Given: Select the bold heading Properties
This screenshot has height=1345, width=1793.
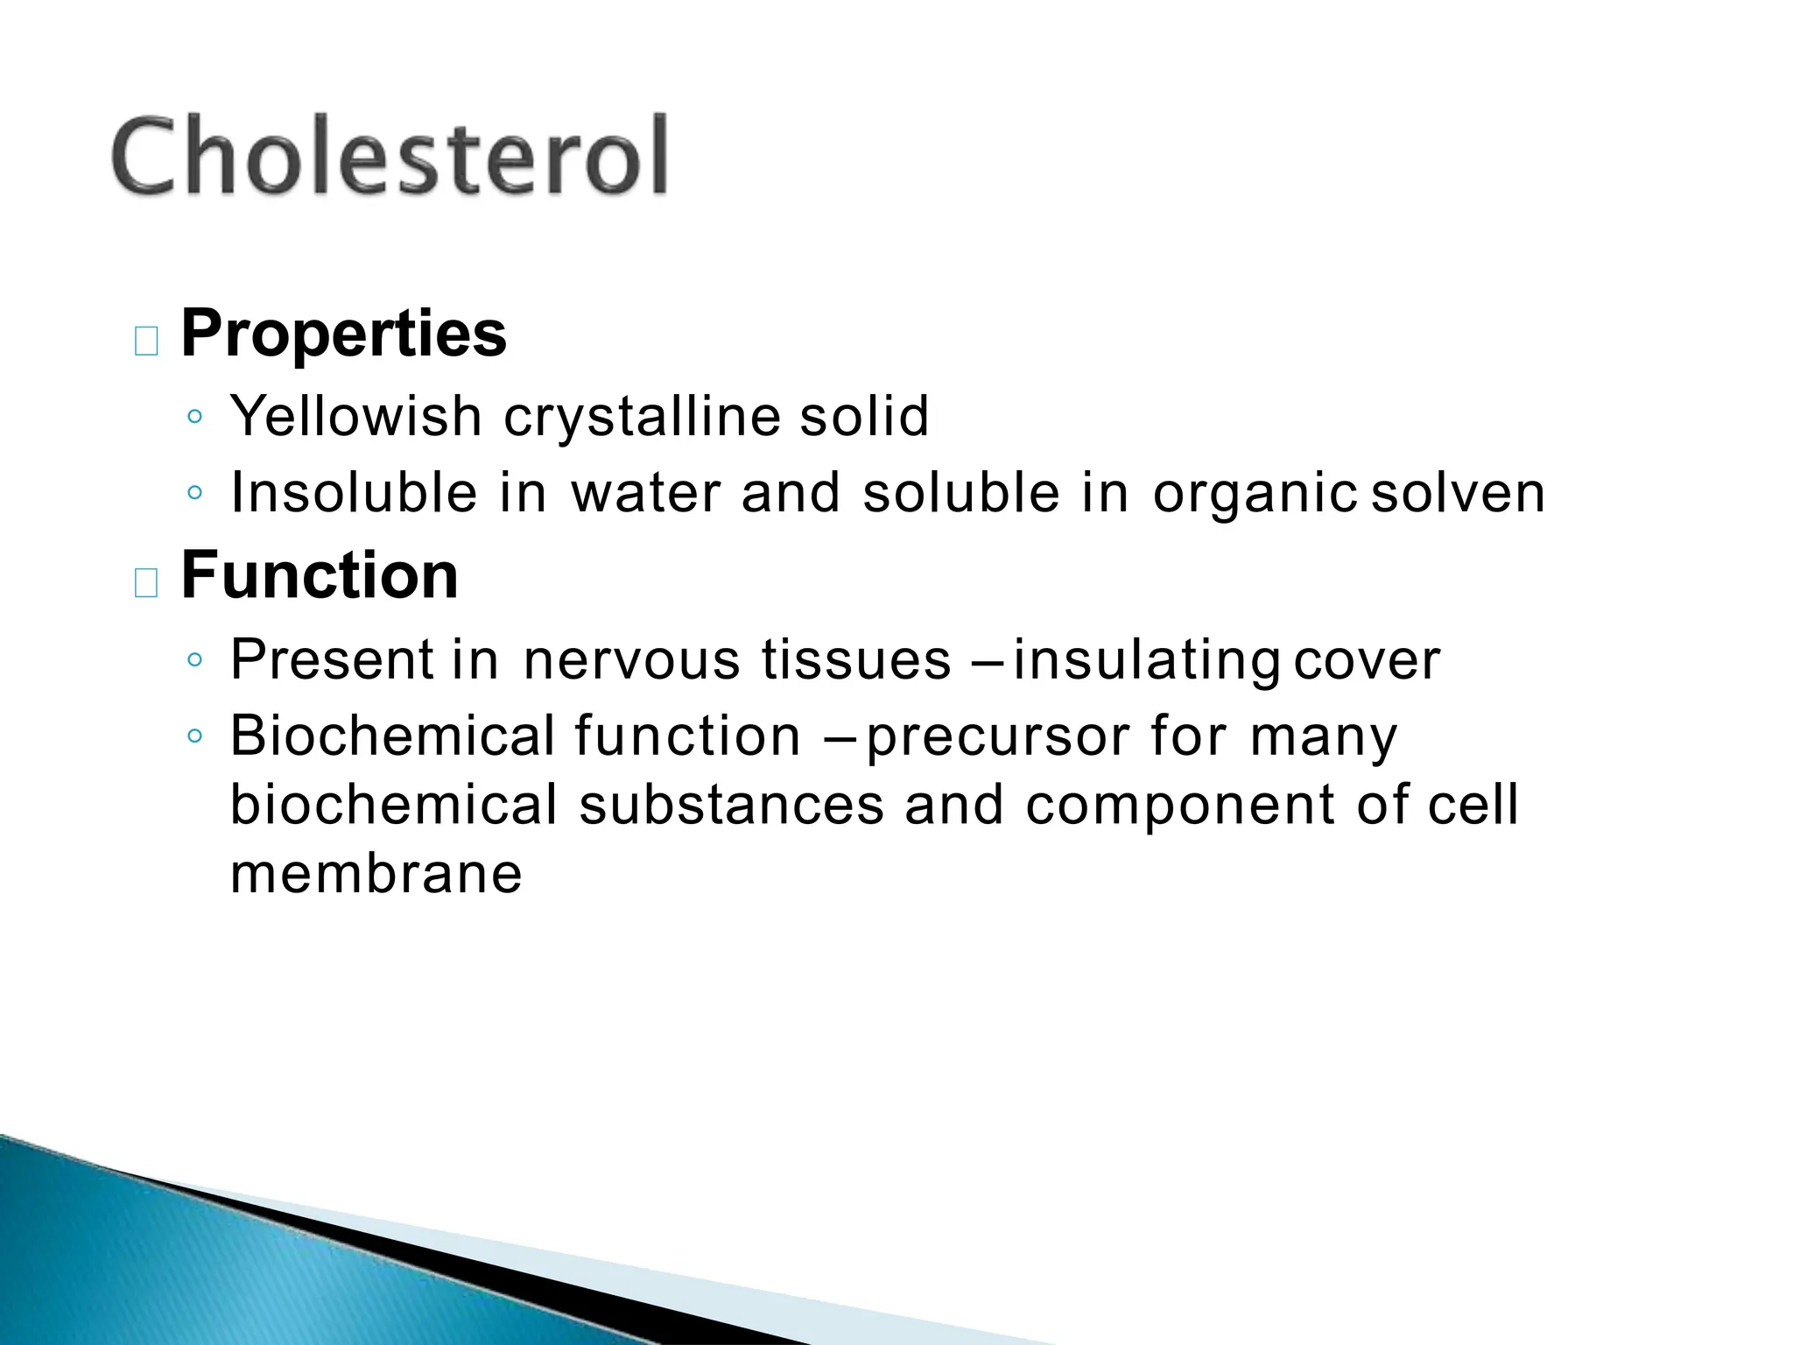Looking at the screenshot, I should coord(343,334).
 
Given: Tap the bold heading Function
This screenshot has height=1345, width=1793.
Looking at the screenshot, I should coord(320,575).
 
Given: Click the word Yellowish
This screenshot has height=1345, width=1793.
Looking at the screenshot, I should coord(355,417).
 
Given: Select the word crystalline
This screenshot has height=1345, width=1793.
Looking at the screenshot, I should coord(641,417).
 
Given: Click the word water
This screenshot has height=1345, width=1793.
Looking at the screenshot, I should coord(645,492).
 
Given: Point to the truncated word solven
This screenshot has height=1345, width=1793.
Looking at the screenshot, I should coord(1458,492).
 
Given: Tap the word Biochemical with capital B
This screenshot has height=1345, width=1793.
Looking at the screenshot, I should coord(392,736).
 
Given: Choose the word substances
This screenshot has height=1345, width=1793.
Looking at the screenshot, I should coord(731,805).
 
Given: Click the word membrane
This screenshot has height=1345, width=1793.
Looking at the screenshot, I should coord(376,874).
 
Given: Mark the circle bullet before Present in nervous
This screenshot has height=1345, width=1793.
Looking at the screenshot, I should coord(195,659).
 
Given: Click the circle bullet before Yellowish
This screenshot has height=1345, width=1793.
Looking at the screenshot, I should coord(195,417).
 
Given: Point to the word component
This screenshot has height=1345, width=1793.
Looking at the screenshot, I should coord(1180,806).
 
